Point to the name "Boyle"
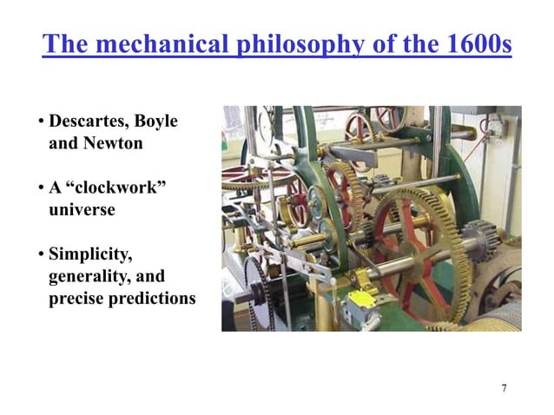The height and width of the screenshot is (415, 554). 156,122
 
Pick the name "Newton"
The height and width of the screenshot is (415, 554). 113,143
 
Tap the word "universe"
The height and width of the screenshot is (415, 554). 82,209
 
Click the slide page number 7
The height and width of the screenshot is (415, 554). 504,386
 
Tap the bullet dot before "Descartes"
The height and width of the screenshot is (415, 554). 41,122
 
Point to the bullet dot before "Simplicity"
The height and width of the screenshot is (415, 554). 41,254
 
